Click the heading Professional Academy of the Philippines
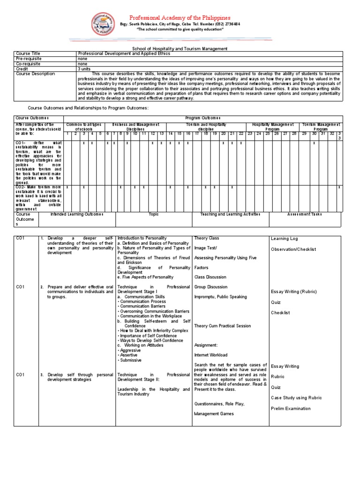[180, 17]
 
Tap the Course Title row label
[29, 54]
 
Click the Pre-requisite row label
[29, 59]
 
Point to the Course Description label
[35, 74]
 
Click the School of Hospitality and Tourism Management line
[180, 48]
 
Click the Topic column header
[154, 214]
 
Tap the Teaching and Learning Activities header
[230, 214]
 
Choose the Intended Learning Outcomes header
[77, 214]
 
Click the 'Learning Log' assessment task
[284, 239]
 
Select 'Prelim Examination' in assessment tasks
[291, 408]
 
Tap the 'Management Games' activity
[214, 414]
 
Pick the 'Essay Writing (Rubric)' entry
[295, 291]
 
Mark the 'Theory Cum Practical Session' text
[223, 326]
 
